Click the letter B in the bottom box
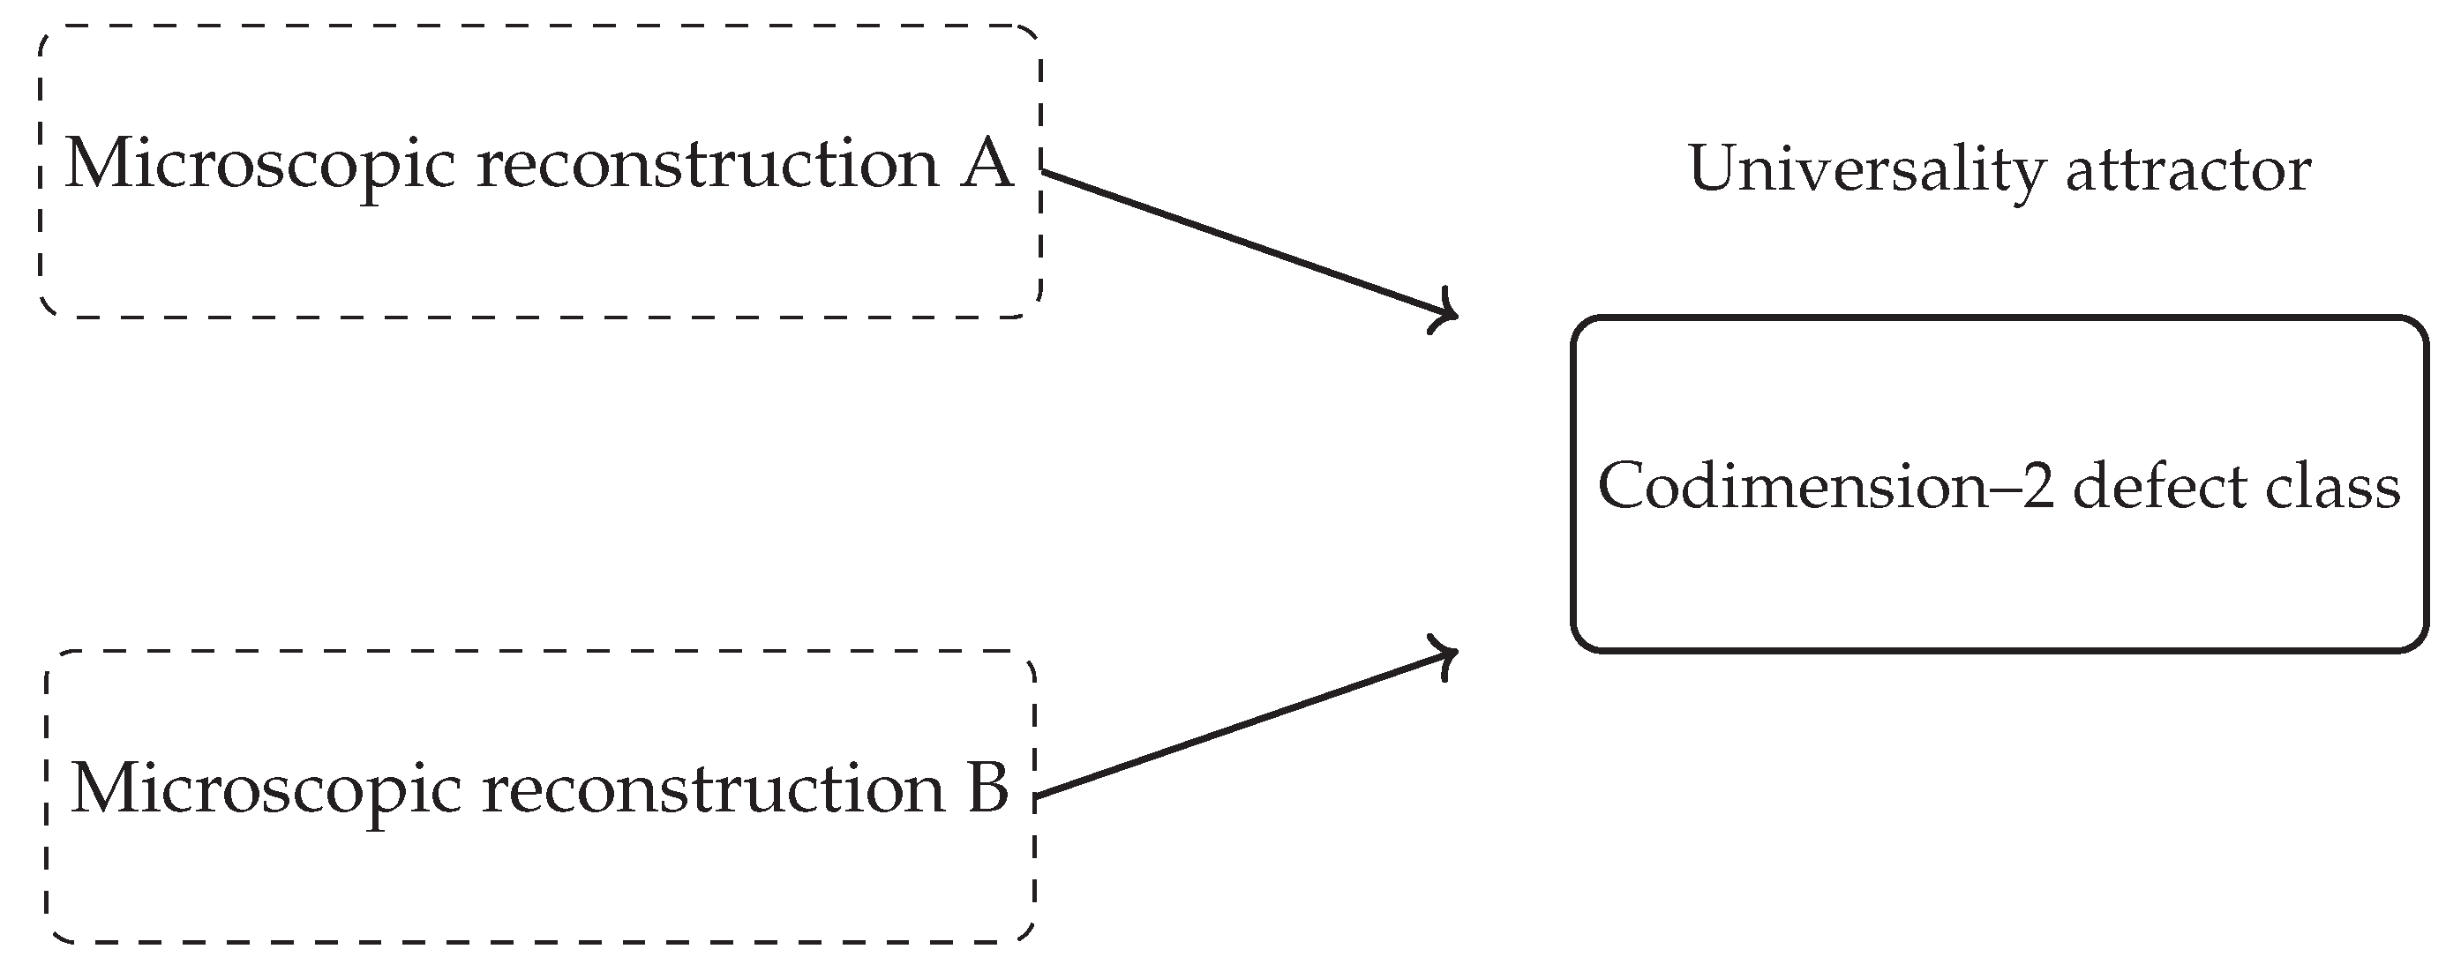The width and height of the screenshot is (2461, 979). point(987,788)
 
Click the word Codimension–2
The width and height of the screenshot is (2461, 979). point(1826,488)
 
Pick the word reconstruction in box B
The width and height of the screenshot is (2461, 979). point(713,788)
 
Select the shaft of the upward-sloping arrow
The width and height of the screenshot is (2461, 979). point(1242,726)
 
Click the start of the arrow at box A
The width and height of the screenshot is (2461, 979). point(1044,173)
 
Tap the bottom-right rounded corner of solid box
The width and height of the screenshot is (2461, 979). point(2416,641)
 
